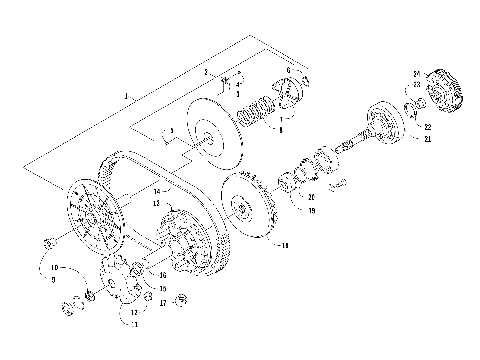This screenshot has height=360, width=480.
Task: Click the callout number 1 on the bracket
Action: pyautogui.click(x=126, y=95)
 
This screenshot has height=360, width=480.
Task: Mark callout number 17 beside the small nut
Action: pyautogui.click(x=161, y=301)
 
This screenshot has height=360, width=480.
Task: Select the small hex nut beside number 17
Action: pyautogui.click(x=181, y=300)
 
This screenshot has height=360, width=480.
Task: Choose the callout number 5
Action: pyautogui.click(x=172, y=131)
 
